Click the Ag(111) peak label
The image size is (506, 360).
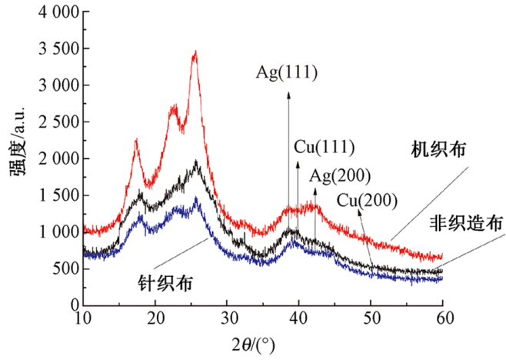[288, 73]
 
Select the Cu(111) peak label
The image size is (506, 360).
[324, 147]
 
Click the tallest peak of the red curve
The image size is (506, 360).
[196, 52]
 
